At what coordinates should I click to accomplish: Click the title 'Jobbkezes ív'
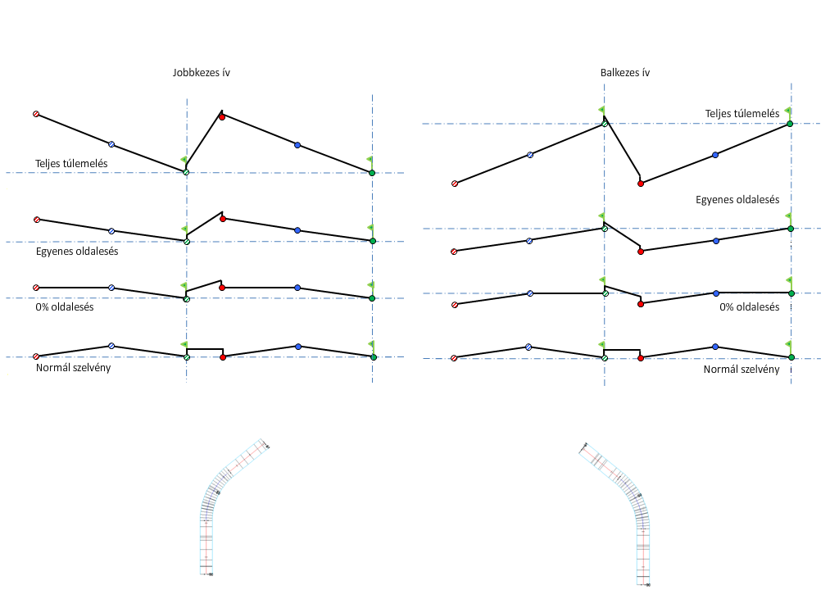(x=201, y=72)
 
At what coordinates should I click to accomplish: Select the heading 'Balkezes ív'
(x=625, y=72)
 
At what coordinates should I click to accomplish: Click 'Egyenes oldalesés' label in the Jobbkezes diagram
(x=77, y=252)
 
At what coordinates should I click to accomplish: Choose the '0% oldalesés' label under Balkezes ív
(x=750, y=306)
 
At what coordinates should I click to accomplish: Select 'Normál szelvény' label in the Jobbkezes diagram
(x=74, y=367)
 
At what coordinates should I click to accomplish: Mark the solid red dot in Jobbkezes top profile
(x=221, y=117)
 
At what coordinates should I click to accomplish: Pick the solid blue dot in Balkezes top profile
(x=715, y=155)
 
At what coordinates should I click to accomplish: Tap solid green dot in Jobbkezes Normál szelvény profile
(x=373, y=357)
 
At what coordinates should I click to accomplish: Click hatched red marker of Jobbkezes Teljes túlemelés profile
(x=36, y=114)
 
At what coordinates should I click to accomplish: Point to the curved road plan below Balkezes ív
(x=627, y=508)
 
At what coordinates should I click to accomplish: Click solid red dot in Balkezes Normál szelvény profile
(x=641, y=358)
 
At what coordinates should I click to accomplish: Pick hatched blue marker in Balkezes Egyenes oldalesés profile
(x=529, y=241)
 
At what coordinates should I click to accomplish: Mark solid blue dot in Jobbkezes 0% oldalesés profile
(x=297, y=288)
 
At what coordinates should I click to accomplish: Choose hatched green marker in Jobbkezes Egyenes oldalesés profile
(x=187, y=242)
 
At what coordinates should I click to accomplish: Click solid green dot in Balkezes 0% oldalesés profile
(x=791, y=293)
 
